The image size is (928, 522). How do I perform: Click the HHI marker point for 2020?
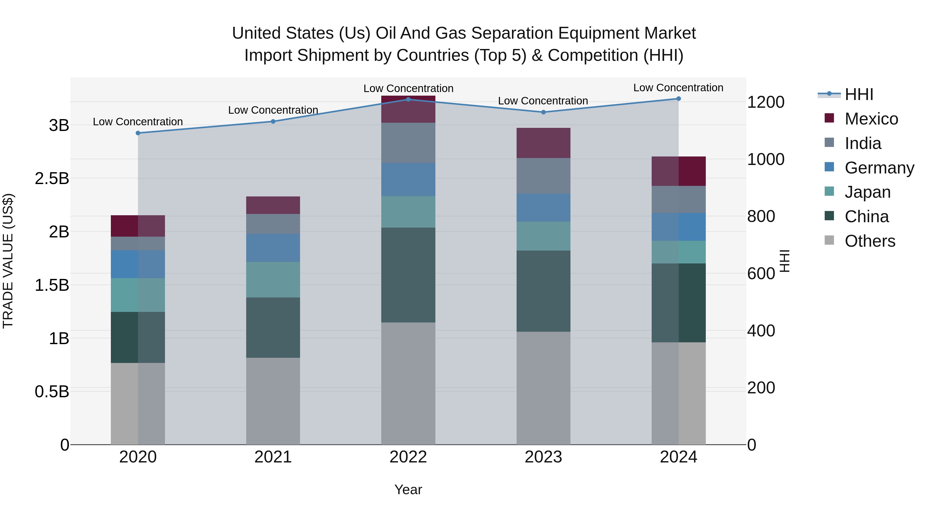pyautogui.click(x=138, y=133)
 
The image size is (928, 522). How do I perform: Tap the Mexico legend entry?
pyautogui.click(x=871, y=119)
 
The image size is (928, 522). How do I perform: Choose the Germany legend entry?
pyautogui.click(x=879, y=168)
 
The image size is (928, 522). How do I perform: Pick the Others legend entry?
pyautogui.click(x=870, y=241)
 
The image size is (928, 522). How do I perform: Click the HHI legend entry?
pyautogui.click(x=859, y=94)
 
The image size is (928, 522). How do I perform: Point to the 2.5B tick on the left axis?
pyautogui.click(x=52, y=178)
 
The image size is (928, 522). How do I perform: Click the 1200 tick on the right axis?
pyautogui.click(x=766, y=102)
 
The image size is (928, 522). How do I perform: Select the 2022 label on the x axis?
pyautogui.click(x=408, y=457)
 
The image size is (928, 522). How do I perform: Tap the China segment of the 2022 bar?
pyautogui.click(x=408, y=275)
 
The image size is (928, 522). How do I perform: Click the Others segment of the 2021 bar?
pyautogui.click(x=273, y=401)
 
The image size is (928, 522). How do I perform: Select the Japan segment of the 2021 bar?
pyautogui.click(x=273, y=279)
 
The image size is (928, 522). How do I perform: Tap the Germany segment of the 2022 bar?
pyautogui.click(x=408, y=179)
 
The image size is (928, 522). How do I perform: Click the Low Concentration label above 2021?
pyautogui.click(x=273, y=110)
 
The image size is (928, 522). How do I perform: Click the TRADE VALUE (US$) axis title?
pyautogui.click(x=8, y=261)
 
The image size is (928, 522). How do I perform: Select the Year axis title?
pyautogui.click(x=408, y=490)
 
